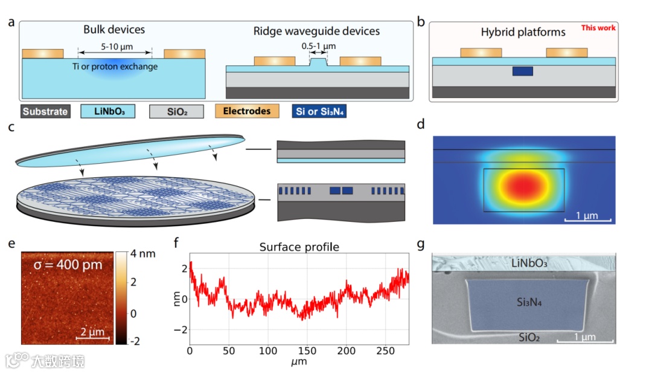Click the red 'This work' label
pyautogui.click(x=598, y=28)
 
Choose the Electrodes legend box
pyautogui.click(x=247, y=112)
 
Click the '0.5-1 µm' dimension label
pyautogui.click(x=318, y=45)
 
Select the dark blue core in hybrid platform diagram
pyautogui.click(x=523, y=71)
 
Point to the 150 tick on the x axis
pyautogui.click(x=307, y=351)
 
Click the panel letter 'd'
pyautogui.click(x=421, y=125)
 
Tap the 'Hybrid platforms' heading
pyautogui.click(x=523, y=32)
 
